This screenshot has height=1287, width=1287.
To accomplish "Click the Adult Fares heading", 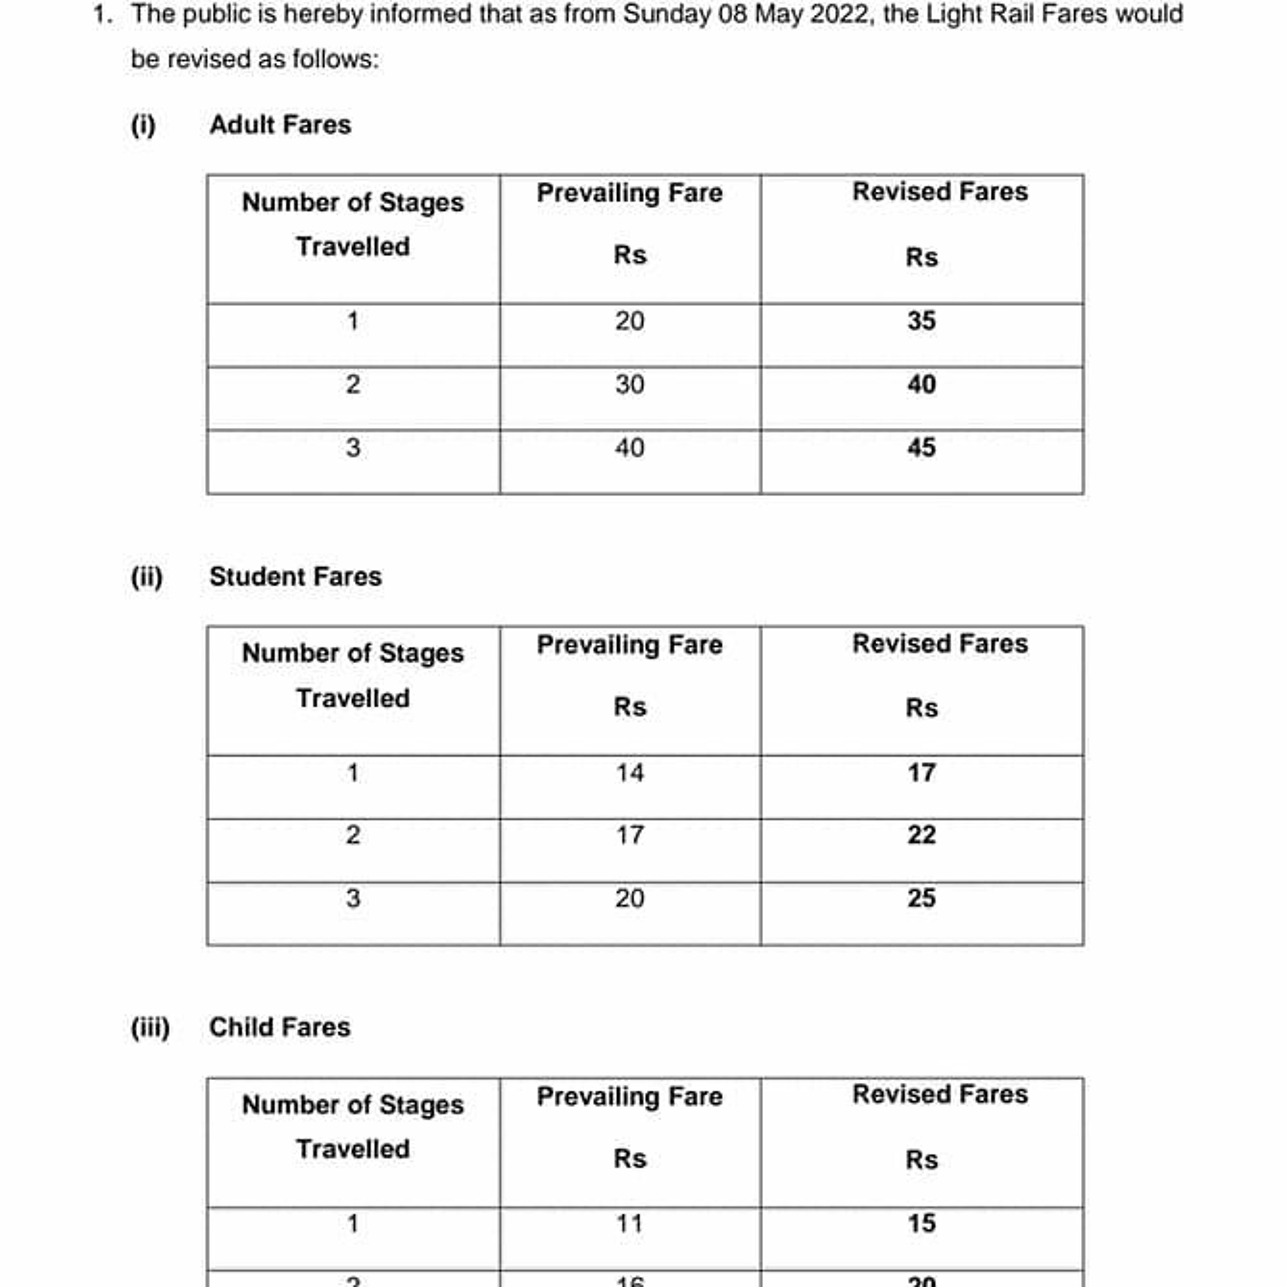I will click(x=280, y=124).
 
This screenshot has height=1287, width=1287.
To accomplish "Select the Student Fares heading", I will click(x=295, y=576).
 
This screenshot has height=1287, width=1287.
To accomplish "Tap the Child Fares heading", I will click(x=280, y=1027).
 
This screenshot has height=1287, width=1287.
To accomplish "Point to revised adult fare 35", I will click(x=921, y=321).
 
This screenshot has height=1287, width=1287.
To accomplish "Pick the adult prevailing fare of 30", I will click(x=629, y=384).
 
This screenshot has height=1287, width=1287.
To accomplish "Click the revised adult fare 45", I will click(x=921, y=447).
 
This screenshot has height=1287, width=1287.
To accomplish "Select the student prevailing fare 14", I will click(x=629, y=773).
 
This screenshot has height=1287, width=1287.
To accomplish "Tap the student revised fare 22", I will click(x=921, y=835).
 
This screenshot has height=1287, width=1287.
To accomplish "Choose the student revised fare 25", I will click(x=921, y=898).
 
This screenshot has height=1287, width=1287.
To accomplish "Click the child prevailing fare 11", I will click(x=629, y=1224).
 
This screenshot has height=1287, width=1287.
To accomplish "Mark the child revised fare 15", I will click(x=921, y=1224).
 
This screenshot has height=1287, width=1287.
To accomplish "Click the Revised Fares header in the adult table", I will click(x=940, y=192).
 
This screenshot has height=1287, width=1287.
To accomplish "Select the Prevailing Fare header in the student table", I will click(x=629, y=644).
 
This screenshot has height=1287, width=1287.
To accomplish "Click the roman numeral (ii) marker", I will click(x=147, y=576).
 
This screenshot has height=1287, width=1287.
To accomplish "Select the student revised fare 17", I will click(x=921, y=773).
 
